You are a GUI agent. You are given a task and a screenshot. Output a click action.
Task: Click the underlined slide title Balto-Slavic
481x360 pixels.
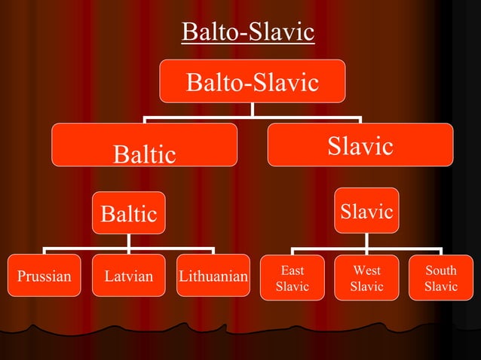tap(248, 32)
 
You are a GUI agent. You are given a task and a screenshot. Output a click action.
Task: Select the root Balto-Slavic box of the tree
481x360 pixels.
tap(252, 81)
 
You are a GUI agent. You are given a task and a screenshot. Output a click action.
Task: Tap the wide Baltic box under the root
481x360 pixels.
tap(144, 145)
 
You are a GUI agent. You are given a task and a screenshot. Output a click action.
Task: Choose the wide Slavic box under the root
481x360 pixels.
tap(360, 145)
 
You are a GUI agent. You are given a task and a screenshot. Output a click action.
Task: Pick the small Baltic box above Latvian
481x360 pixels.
tap(129, 213)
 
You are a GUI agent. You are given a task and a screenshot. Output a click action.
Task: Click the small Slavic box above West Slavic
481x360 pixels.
tap(366, 211)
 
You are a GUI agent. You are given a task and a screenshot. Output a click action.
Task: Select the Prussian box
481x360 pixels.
tap(44, 276)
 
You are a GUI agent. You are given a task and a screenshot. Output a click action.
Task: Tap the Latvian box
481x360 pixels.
tap(129, 276)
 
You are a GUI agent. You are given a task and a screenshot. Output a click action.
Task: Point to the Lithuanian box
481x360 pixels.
tap(213, 276)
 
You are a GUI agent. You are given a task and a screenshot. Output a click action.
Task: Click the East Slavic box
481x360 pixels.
tap(293, 277)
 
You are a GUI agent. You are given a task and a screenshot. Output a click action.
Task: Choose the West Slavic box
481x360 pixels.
tap(366, 277)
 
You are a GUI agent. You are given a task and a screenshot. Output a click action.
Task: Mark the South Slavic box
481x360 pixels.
tap(440, 277)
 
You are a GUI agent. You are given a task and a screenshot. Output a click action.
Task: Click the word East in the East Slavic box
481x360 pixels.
tap(293, 270)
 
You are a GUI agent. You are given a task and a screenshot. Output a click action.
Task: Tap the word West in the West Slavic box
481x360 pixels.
tap(366, 270)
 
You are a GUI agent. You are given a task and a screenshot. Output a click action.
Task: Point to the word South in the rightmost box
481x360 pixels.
tap(440, 270)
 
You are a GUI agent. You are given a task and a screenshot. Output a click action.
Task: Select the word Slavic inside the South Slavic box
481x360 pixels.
tap(440, 286)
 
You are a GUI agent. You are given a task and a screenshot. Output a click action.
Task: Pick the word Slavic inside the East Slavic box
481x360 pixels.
tap(293, 286)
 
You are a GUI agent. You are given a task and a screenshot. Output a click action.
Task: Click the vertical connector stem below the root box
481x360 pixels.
tap(252, 109)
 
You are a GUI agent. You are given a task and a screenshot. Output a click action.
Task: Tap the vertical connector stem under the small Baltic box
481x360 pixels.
tap(129, 240)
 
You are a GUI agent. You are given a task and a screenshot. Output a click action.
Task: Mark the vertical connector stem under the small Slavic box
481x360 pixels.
tap(366, 240)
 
